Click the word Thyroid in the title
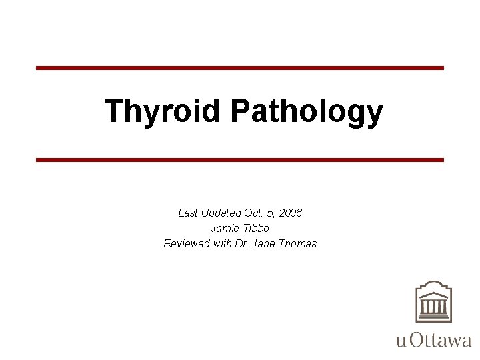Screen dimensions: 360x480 click(x=162, y=111)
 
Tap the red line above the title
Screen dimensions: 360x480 click(x=240, y=68)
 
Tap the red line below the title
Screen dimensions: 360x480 click(x=240, y=160)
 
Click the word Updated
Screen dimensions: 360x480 click(x=220, y=213)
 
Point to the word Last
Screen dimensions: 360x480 click(x=188, y=213)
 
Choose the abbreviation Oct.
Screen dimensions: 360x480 click(x=253, y=213)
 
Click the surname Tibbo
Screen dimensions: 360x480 click(x=257, y=228)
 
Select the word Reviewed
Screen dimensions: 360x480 click(x=187, y=243)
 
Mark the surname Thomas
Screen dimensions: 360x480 click(x=297, y=243)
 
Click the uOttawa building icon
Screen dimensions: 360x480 click(x=433, y=302)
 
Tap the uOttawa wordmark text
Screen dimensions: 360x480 click(x=433, y=340)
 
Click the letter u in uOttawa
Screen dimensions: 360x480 click(x=401, y=341)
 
